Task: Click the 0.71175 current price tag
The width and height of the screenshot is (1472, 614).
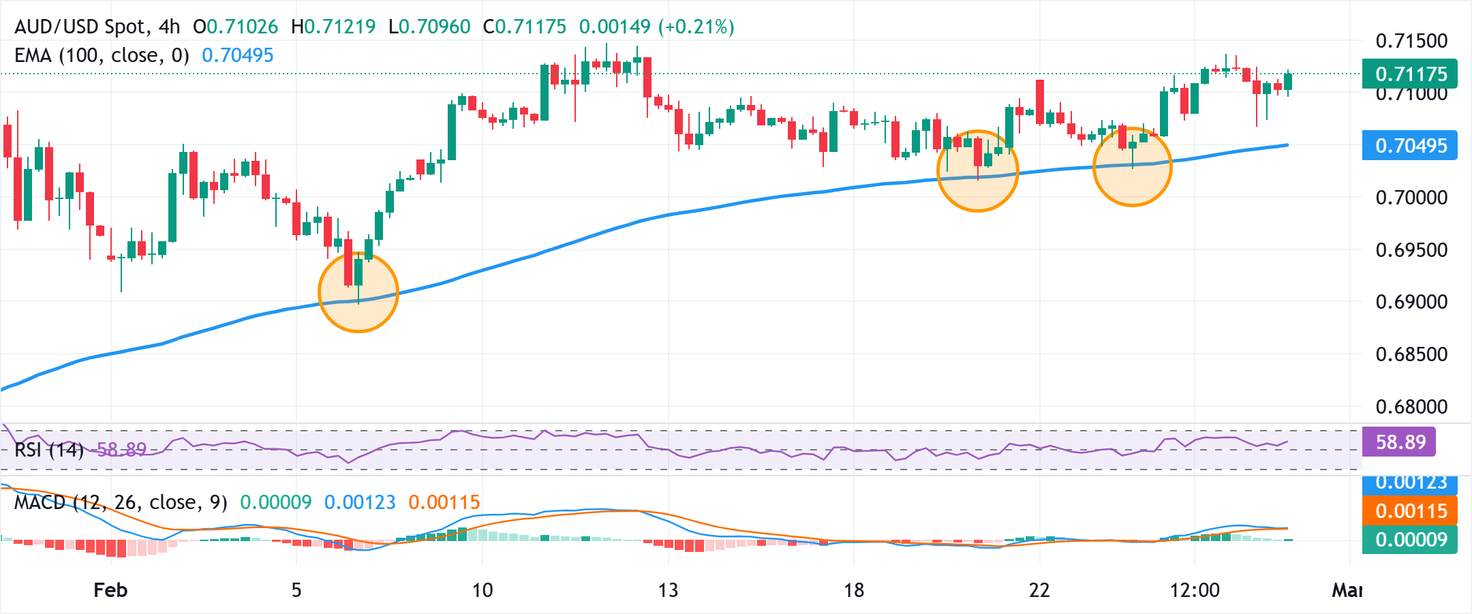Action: (x=1409, y=74)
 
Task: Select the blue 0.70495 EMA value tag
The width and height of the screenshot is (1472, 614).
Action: (x=1409, y=145)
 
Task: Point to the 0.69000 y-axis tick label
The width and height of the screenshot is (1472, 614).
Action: (x=1411, y=302)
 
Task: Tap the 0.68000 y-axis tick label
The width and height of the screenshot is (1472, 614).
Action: (x=1411, y=407)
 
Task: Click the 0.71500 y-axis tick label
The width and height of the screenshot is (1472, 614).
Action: (x=1411, y=41)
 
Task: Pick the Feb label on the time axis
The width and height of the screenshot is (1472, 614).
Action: (x=110, y=590)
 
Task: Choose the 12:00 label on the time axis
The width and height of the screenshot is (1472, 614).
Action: (x=1194, y=590)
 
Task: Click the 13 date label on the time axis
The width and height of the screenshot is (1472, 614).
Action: (x=668, y=590)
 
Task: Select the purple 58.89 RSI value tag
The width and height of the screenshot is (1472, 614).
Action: (x=1400, y=442)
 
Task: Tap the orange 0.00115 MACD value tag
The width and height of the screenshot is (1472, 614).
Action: (x=1409, y=511)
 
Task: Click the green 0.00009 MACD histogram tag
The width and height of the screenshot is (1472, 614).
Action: (x=1409, y=540)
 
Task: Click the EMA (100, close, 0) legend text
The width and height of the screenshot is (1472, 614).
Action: (x=102, y=55)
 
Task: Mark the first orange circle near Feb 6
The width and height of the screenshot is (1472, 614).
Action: (x=358, y=292)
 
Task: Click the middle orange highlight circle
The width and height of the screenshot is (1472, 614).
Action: (x=977, y=171)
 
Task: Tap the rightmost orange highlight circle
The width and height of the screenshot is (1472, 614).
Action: (x=1132, y=166)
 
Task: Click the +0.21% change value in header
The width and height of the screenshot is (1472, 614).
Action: (x=696, y=27)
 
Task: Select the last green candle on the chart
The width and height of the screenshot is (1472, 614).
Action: (x=1288, y=81)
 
